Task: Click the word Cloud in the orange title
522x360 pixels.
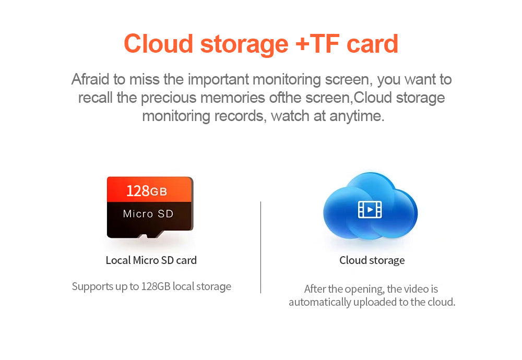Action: (159, 44)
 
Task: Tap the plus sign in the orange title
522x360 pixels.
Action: (303, 44)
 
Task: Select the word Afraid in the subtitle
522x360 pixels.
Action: (90, 79)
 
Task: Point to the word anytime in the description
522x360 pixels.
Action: (357, 116)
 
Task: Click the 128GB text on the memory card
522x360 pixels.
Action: (147, 191)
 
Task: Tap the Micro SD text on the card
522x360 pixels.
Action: (148, 213)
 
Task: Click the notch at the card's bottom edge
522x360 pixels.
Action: (143, 236)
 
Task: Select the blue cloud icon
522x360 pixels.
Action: (370, 206)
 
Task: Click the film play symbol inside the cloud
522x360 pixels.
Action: (370, 210)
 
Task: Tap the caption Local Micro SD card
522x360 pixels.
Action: (151, 260)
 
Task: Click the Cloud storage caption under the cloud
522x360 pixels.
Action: (372, 260)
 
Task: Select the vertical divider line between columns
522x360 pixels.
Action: (260, 247)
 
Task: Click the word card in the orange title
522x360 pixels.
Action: (372, 44)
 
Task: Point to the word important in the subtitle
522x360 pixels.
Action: (218, 80)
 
